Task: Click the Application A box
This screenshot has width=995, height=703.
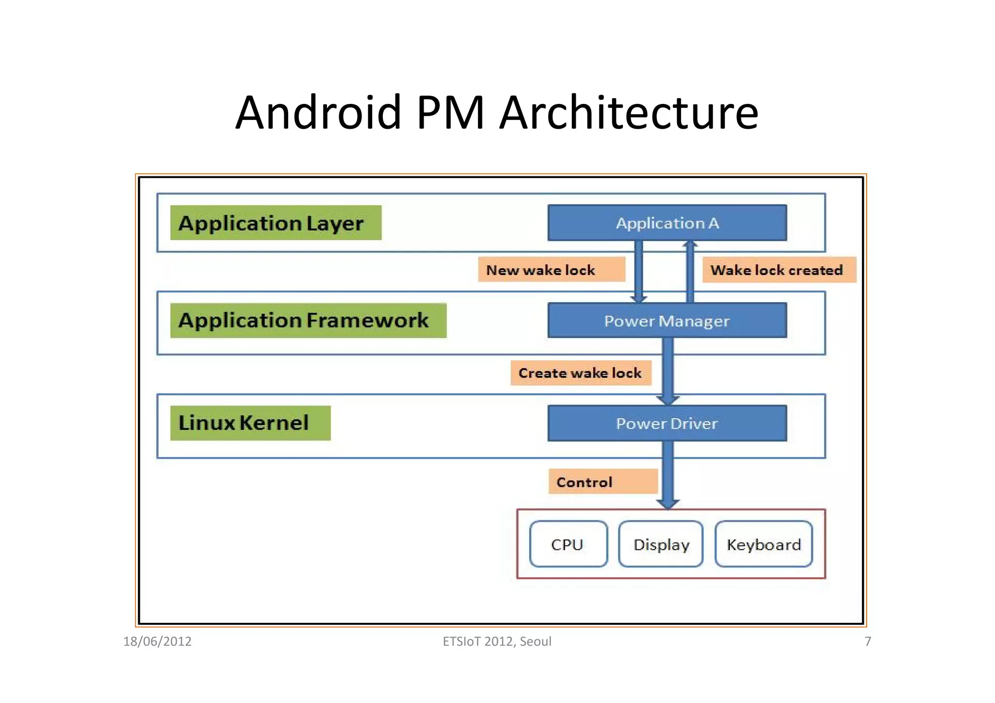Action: coord(667,223)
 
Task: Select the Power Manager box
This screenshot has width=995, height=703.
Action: coord(667,321)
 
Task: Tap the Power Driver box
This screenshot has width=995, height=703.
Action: coord(667,423)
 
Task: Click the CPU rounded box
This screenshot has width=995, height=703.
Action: coord(568,544)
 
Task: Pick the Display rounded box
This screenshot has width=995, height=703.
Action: coord(661,544)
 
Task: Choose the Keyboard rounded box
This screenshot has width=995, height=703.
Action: coord(763,544)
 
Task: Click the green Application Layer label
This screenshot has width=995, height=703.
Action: coord(275,223)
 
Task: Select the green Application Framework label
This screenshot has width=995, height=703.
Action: coord(308,321)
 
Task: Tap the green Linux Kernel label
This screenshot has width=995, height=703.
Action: coord(250,423)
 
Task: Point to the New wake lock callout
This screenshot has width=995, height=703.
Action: coord(551,270)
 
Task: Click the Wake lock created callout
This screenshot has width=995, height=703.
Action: coord(779,270)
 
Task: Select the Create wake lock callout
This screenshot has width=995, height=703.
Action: coord(581,373)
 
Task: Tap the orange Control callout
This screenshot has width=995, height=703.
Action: coord(602,482)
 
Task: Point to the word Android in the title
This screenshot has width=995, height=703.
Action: coord(318,113)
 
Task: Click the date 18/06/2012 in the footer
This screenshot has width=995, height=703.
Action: coord(157,641)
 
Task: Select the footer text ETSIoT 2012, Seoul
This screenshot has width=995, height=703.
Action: coord(497,641)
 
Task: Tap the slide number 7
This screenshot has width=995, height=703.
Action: coord(868,641)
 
